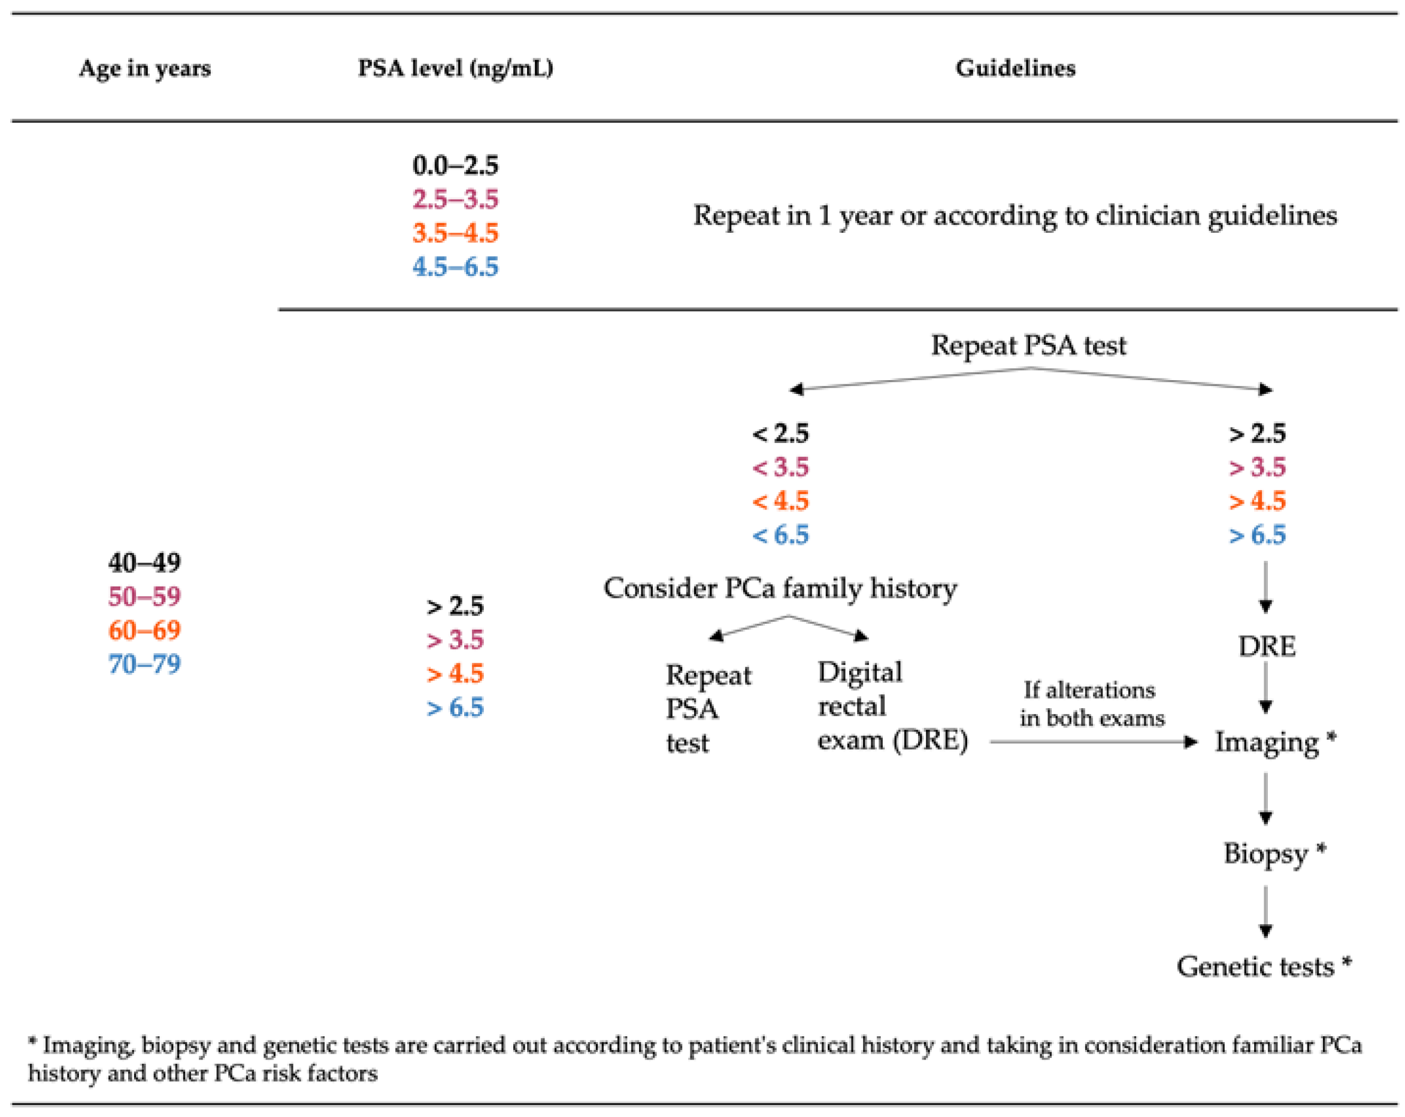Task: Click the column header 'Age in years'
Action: [x=145, y=68]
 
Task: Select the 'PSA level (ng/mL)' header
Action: [x=455, y=68]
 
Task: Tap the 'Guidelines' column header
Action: [x=1015, y=68]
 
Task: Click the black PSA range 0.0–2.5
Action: [x=455, y=165]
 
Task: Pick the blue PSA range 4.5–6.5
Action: [x=455, y=266]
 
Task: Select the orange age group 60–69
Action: [x=144, y=630]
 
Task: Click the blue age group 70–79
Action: [x=144, y=664]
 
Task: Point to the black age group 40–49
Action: [x=144, y=562]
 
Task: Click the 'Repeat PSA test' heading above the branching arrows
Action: [x=1028, y=345]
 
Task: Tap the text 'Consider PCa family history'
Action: [x=779, y=588]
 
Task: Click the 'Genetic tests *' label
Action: [x=1263, y=967]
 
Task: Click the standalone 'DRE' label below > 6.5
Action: [x=1266, y=646]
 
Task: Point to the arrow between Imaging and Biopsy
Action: [x=1265, y=799]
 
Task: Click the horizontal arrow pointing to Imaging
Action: [x=1093, y=741]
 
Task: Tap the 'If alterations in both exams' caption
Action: [x=1092, y=703]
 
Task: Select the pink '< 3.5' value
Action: [x=780, y=467]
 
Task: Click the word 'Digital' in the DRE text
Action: [x=859, y=672]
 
